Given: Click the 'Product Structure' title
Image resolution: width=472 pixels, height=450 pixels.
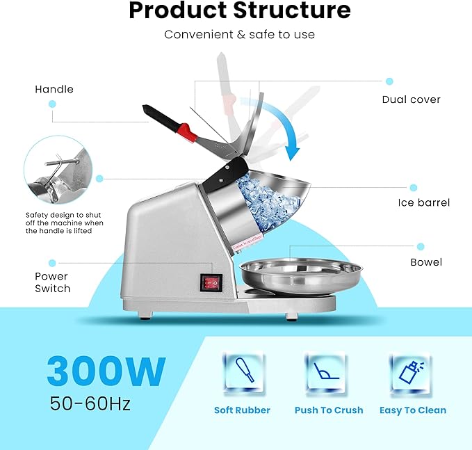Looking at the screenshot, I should click(240, 11).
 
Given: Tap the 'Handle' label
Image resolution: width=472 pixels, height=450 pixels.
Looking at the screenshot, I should click(54, 89).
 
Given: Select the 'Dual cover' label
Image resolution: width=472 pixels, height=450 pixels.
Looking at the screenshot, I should click(411, 99).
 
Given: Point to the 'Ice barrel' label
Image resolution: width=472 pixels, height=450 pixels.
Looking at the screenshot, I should click(423, 203).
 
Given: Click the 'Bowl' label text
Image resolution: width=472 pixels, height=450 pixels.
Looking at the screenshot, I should click(425, 262).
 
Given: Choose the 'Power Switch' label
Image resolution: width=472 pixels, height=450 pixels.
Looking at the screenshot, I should click(51, 282).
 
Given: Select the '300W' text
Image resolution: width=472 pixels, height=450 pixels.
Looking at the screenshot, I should click(106, 371).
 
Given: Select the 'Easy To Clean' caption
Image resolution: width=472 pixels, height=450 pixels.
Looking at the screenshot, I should click(413, 410).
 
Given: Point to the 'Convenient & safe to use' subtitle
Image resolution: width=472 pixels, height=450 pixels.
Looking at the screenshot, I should click(240, 34).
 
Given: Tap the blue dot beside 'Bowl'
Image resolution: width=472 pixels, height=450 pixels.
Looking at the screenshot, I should click(420, 246).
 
